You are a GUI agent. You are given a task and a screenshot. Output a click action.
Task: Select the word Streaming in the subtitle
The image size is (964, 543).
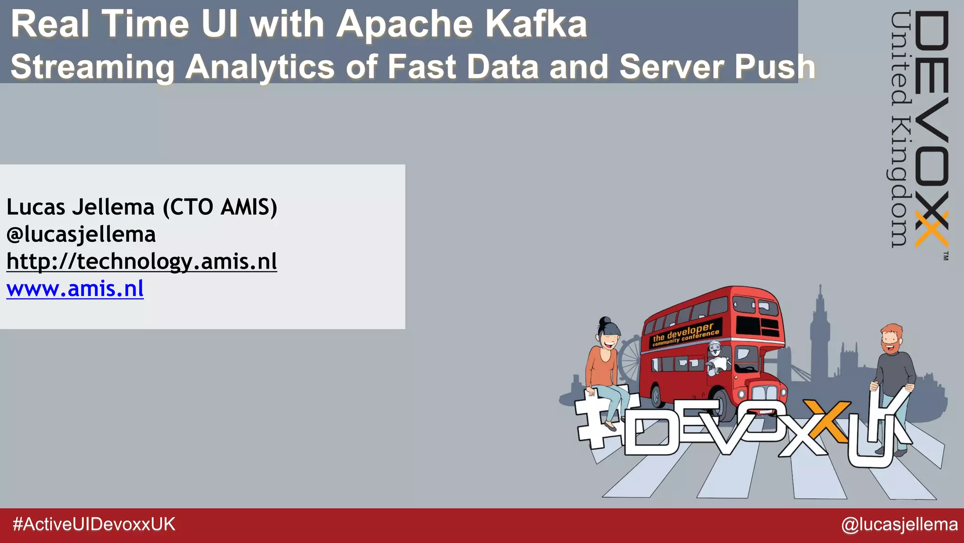pyautogui.click(x=92, y=67)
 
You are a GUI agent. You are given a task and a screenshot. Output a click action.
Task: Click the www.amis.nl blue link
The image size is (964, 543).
pyautogui.click(x=75, y=288)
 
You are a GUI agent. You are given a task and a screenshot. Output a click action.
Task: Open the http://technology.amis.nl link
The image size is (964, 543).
pyautogui.click(x=142, y=261)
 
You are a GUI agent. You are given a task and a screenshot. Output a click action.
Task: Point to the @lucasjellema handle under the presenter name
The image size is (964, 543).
pyautogui.click(x=81, y=234)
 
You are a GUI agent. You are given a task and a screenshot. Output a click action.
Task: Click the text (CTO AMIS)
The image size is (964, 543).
pyautogui.click(x=220, y=207)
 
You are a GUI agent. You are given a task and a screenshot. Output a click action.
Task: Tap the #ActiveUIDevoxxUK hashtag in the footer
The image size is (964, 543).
pyautogui.click(x=94, y=524)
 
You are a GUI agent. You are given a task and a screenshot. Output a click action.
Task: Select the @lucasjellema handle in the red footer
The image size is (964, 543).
pyautogui.click(x=899, y=524)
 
